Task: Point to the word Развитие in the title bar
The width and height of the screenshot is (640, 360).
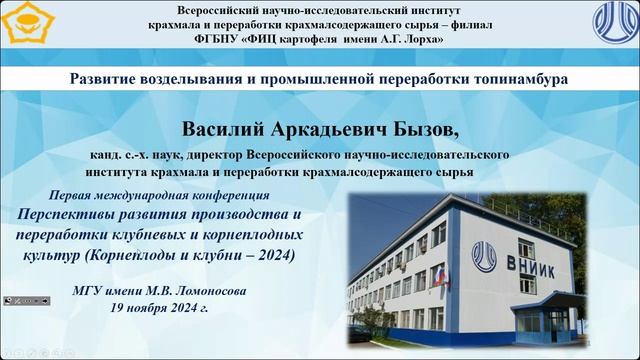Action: click(107, 77)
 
